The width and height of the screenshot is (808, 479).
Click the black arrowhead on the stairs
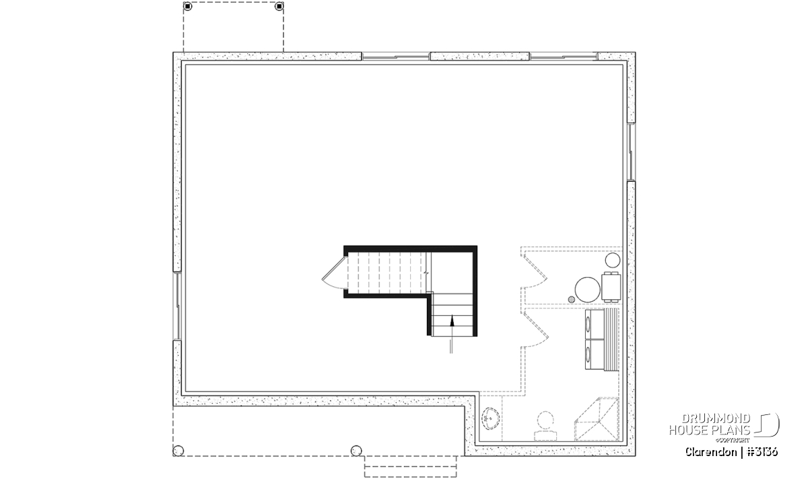coord(452,320)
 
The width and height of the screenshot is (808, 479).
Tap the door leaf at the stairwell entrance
coord(335,268)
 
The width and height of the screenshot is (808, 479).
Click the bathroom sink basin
coord(490,419)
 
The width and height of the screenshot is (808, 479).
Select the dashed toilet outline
coord(545,426)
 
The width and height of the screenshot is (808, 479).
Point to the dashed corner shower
coord(597,419)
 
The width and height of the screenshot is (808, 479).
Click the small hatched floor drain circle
coord(572,299)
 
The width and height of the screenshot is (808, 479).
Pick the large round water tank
coord(587,290)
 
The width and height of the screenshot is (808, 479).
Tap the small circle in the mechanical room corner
coord(613,260)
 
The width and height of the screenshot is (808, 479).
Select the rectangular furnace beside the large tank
coord(611,286)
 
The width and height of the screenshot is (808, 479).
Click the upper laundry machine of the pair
coord(595,324)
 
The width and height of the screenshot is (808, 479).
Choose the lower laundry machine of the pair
coord(595,354)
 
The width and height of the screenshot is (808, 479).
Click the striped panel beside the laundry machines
coord(611,340)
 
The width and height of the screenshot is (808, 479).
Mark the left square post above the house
coord(188,6)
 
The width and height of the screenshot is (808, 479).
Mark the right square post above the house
coord(279,6)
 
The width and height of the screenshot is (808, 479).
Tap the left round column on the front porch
coord(178,451)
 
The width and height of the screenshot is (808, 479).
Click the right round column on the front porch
coord(356,451)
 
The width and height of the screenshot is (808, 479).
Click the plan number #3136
coord(762,452)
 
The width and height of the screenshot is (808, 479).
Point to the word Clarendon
coord(711,452)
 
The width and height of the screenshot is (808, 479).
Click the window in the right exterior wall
coord(632,152)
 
